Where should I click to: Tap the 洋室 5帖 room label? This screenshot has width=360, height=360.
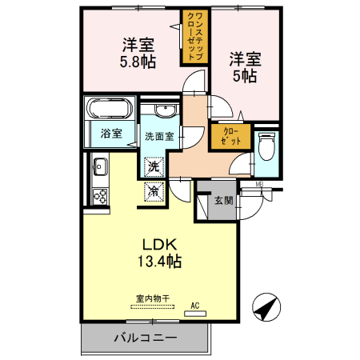(244, 67)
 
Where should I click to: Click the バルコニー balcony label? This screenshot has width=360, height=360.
(145, 338)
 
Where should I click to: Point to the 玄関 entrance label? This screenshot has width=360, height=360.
(223, 201)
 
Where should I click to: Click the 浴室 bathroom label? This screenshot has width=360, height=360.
(111, 134)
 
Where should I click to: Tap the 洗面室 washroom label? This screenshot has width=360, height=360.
(158, 136)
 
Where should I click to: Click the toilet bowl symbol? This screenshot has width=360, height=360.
(267, 146)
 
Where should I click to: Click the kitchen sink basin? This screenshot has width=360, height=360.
(100, 169)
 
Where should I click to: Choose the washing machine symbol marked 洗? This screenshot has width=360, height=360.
(154, 167)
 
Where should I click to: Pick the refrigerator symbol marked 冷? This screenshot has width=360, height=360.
(154, 191)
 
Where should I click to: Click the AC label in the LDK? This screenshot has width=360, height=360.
(194, 305)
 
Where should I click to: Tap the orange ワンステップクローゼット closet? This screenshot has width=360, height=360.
(194, 37)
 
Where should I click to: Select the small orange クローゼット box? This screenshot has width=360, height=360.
(230, 136)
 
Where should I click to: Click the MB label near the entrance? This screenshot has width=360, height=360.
(259, 186)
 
